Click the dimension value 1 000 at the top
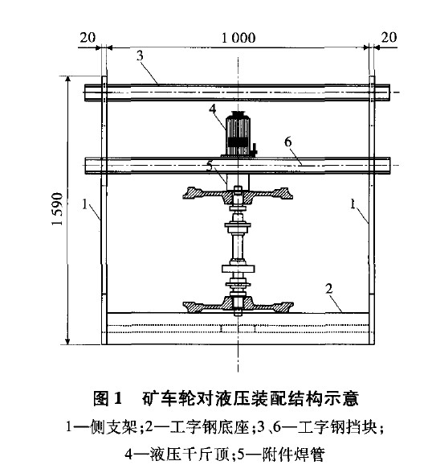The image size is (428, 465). click(x=238, y=38)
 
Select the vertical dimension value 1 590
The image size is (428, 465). click(x=57, y=209)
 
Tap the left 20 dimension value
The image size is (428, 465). click(x=88, y=38)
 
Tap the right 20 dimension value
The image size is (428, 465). click(x=389, y=38)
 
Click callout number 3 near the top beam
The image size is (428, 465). click(x=140, y=56)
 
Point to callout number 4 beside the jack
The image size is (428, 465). click(x=213, y=109)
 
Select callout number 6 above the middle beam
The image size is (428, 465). click(x=288, y=142)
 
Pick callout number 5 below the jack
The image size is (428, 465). click(x=210, y=167)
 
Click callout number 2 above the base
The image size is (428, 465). click(x=329, y=289)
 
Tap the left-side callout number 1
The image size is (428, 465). click(x=85, y=204)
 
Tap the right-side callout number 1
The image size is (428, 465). click(x=353, y=204)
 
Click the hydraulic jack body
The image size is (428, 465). click(x=238, y=134)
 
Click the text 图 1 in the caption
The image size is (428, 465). click(x=108, y=398)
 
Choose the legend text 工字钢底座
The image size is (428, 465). click(x=210, y=427)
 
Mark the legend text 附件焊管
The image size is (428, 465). click(x=293, y=454)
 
